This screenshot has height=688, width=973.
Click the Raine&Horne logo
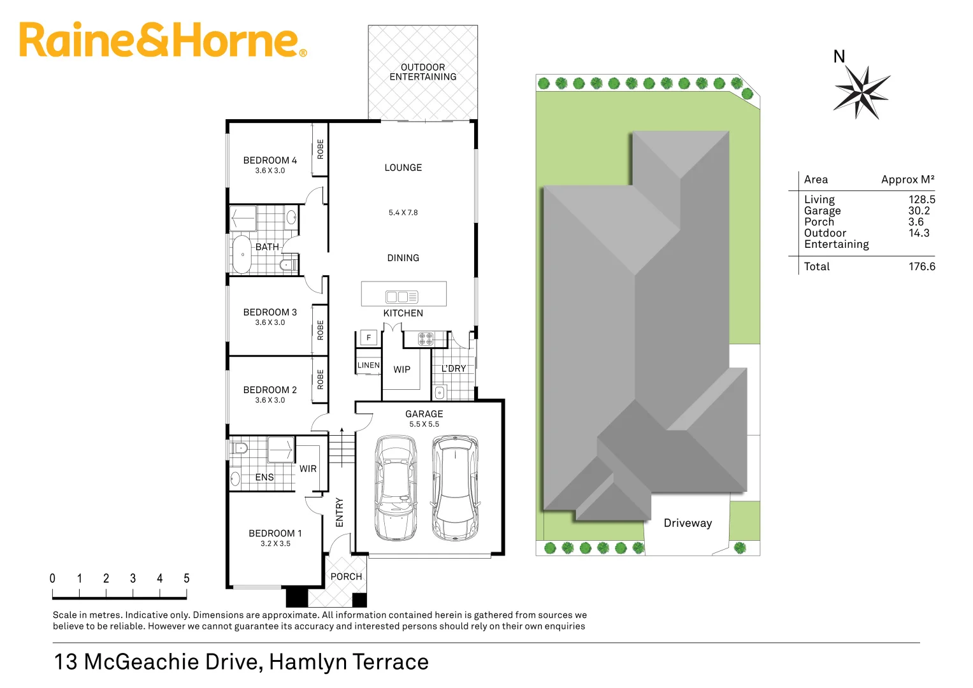[162, 40]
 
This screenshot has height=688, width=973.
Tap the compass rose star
[861, 93]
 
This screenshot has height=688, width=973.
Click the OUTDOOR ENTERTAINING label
[422, 72]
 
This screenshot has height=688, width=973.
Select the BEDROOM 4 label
[270, 161]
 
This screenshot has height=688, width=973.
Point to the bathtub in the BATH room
[242, 254]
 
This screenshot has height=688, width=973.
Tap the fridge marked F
[368, 338]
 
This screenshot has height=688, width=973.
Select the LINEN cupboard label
[368, 365]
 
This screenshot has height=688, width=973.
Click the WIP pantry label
[401, 369]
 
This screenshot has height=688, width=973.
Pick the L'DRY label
[454, 369]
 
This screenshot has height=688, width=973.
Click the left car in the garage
[396, 488]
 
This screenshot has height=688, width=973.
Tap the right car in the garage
[455, 488]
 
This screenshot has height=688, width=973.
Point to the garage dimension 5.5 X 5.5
[424, 424]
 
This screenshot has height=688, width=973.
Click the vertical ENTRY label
[340, 512]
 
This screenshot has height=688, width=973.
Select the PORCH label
[346, 577]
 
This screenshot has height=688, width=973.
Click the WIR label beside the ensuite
[308, 469]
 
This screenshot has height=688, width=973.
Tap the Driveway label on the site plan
[688, 523]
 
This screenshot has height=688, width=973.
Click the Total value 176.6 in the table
[921, 266]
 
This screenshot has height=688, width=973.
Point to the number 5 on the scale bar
[187, 578]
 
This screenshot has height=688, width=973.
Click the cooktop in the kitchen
[426, 338]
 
